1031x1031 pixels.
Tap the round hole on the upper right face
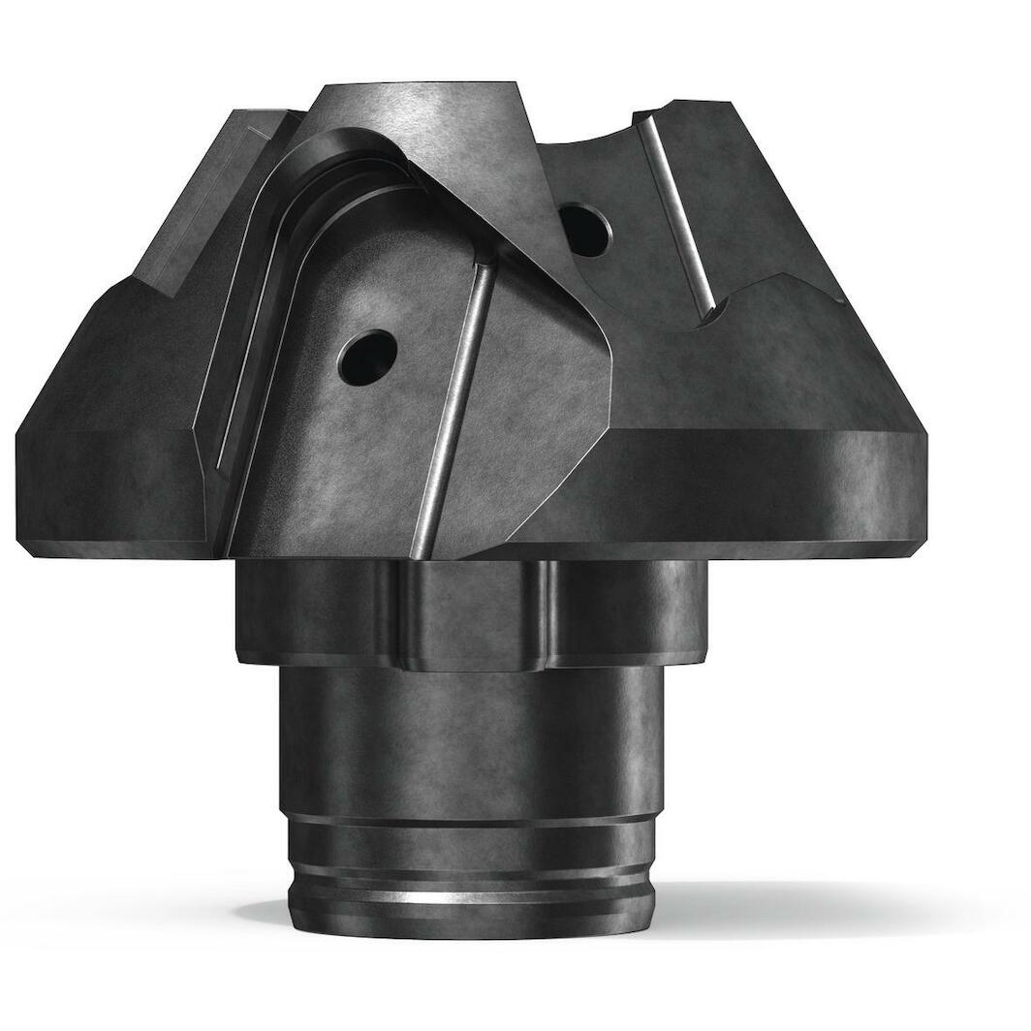[x=585, y=229]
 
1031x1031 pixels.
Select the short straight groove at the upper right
[x=678, y=213]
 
